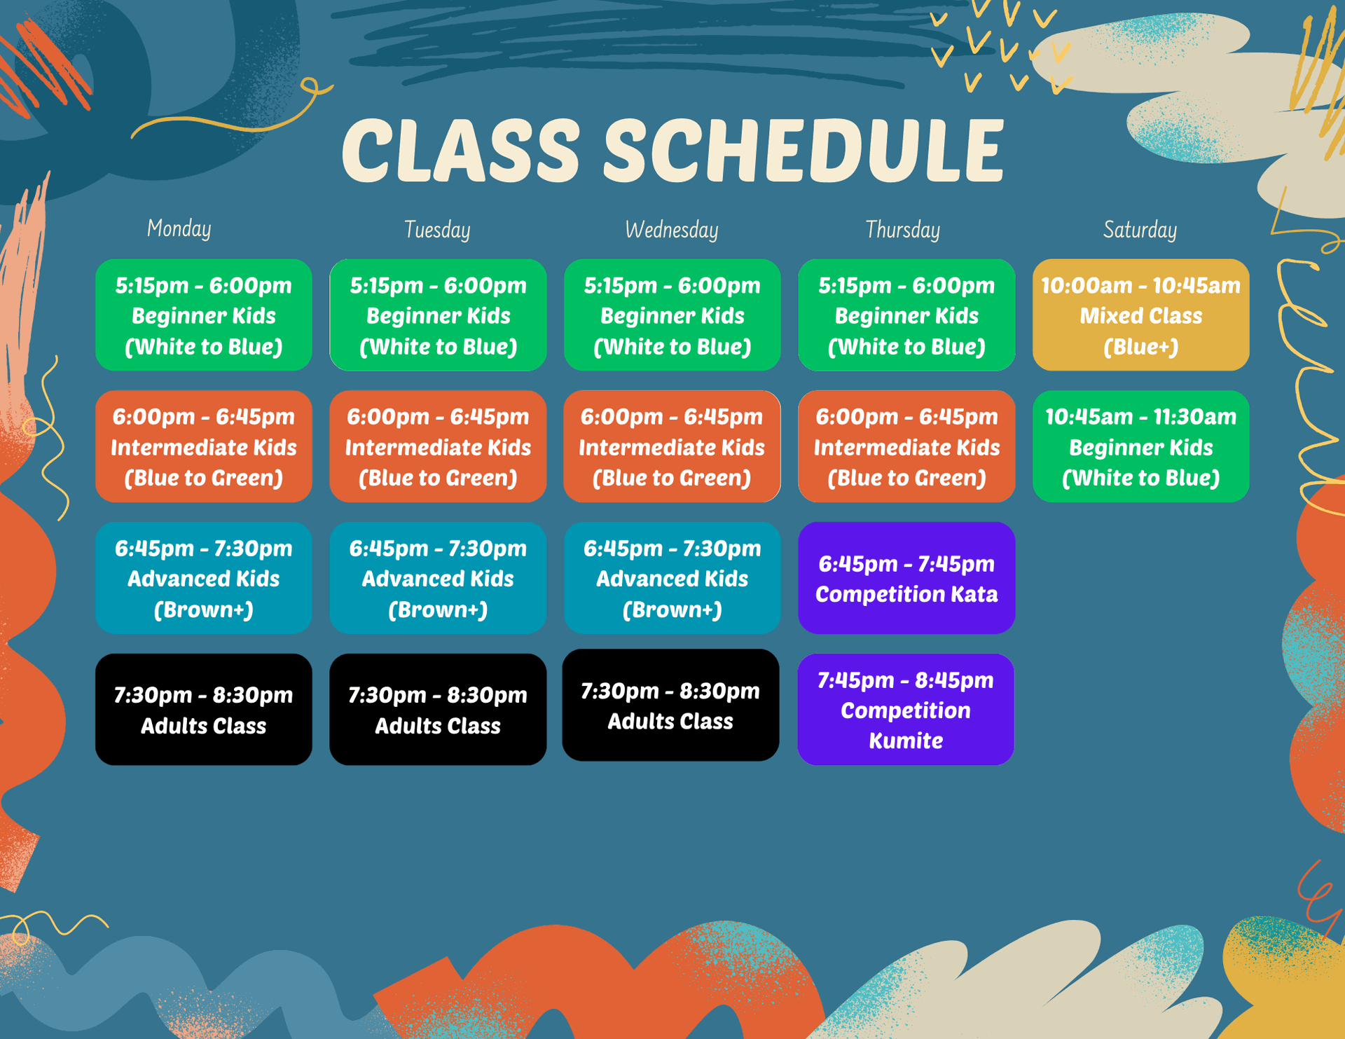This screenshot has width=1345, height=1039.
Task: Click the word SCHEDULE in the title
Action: coord(803,150)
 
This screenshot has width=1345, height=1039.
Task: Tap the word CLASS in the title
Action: coord(460,150)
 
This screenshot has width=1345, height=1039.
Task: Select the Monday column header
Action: coord(179,228)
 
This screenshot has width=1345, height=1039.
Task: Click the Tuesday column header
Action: coord(437,230)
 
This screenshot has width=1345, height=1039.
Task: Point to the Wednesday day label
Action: coord(671,230)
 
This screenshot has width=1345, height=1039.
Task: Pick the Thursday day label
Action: coord(902,230)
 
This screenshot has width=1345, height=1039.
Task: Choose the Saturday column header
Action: coord(1140,230)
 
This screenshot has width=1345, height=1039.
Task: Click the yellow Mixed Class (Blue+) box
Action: coord(1140,315)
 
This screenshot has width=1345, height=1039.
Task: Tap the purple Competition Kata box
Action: coord(906,578)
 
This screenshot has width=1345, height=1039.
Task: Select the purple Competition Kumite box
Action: coord(905,709)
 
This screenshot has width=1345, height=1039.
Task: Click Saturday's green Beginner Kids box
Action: coord(1140,446)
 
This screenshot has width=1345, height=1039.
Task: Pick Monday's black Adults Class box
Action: coord(203,709)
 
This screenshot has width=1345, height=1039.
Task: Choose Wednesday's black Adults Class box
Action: coord(670,705)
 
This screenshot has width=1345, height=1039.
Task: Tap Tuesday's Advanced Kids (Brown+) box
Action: coord(438,578)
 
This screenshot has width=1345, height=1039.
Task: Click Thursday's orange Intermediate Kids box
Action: coord(906,446)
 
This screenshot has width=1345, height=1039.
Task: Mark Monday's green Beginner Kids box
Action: coord(203,315)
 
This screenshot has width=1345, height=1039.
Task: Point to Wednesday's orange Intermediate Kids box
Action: coord(671,446)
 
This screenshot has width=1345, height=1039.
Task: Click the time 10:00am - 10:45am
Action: coord(1140,286)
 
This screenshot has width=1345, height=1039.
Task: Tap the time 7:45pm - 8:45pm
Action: coord(905,680)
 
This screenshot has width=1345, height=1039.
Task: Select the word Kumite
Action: coord(905,741)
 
